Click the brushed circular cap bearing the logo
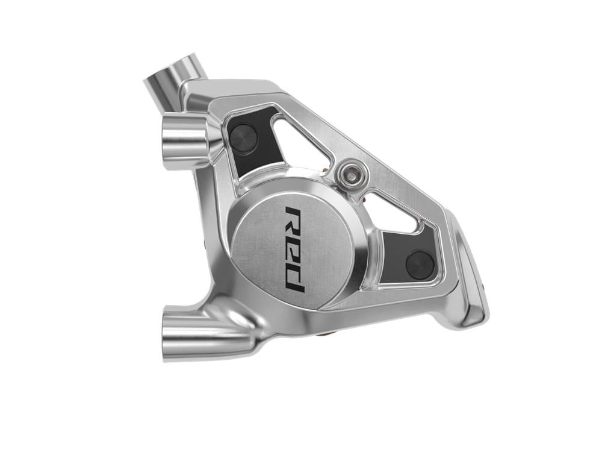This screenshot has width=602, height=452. (283, 247)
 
